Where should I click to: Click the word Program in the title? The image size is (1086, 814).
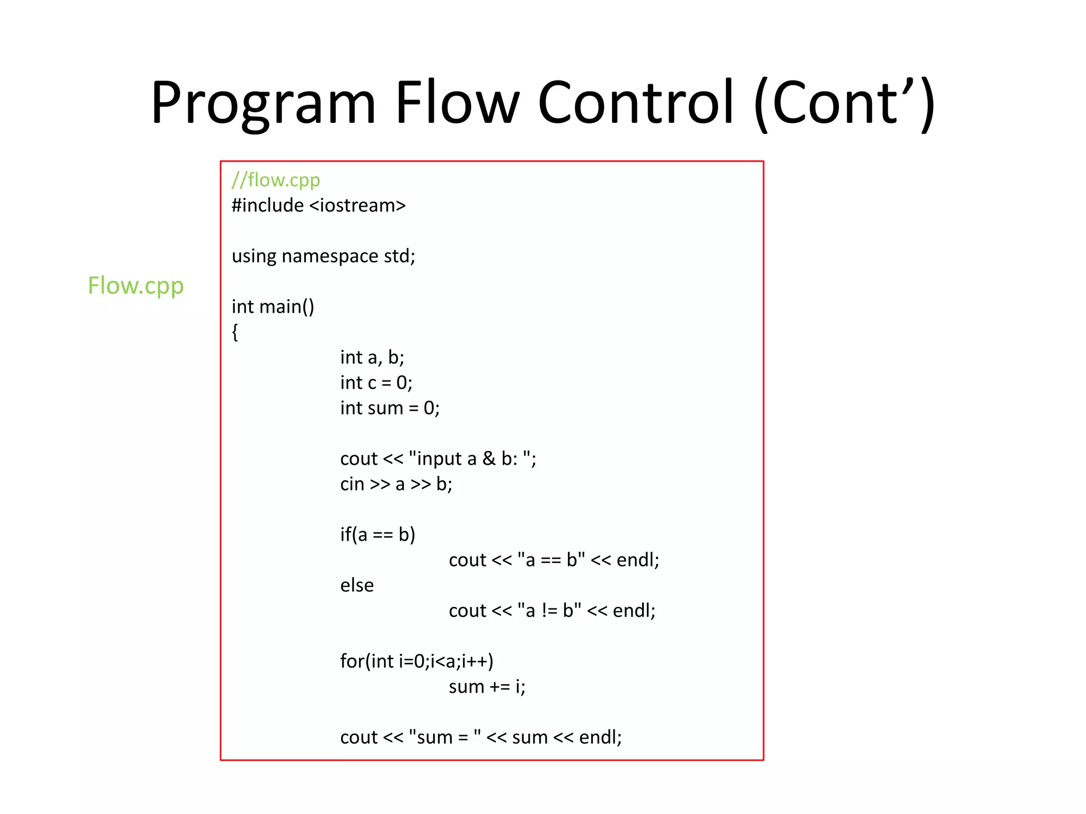[x=264, y=103]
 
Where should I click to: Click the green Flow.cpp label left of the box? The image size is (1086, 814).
[x=136, y=286]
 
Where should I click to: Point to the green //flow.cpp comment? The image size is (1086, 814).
[x=276, y=181]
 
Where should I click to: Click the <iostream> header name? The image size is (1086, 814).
[x=357, y=206]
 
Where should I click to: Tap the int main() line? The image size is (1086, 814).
[x=273, y=307]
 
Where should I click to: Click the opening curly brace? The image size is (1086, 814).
[x=235, y=332]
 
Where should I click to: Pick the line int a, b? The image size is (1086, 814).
[x=372, y=358]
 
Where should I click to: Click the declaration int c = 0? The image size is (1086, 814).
[x=376, y=383]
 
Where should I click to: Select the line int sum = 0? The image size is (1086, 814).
[x=390, y=408]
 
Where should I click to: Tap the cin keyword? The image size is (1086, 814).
[x=352, y=484]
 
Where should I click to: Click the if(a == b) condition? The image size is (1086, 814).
[x=378, y=535]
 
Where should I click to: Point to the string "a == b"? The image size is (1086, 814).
[x=551, y=560]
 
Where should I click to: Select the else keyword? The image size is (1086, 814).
[x=357, y=586]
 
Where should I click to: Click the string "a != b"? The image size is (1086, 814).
[x=549, y=611]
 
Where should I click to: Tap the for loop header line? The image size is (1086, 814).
[x=417, y=661]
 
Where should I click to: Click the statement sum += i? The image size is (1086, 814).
[x=487, y=687]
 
